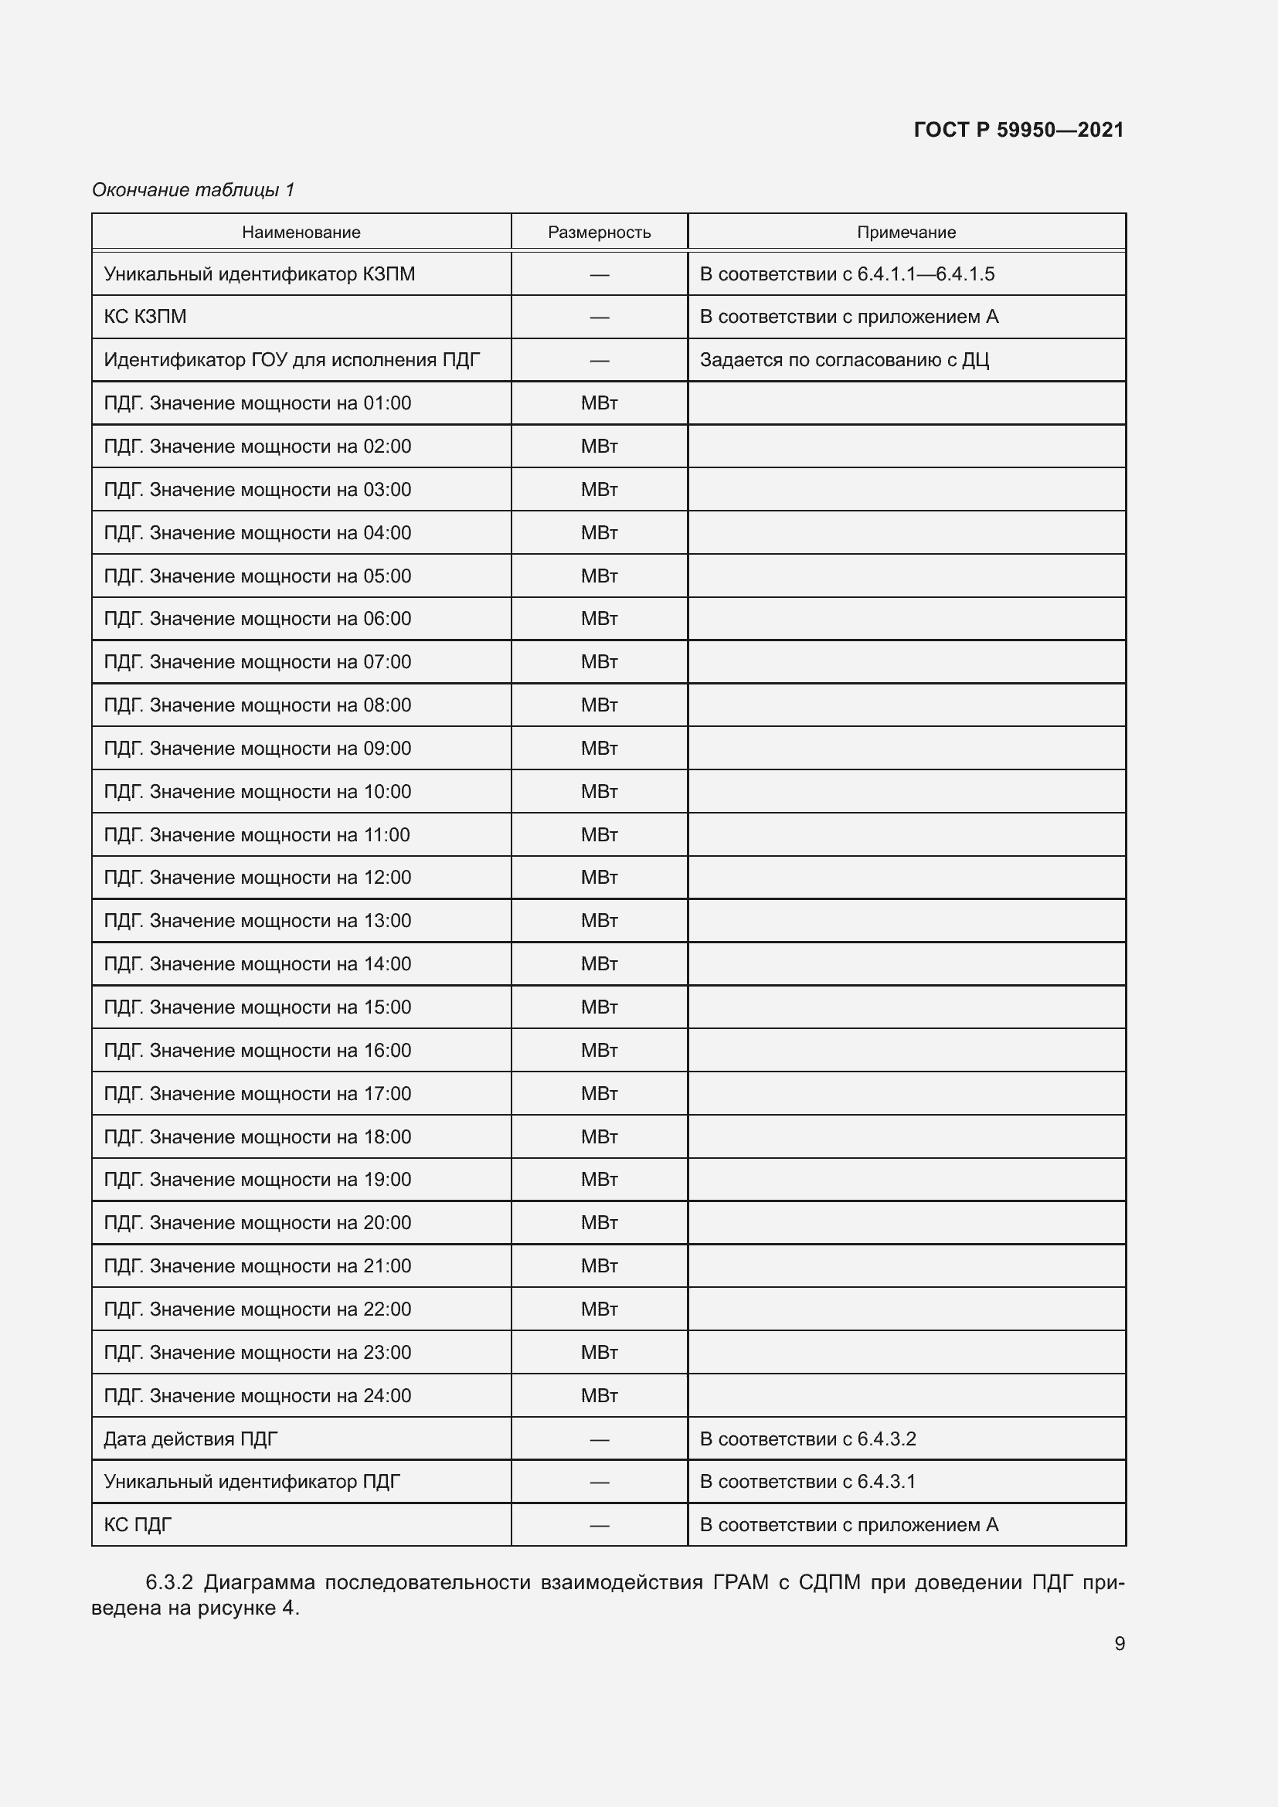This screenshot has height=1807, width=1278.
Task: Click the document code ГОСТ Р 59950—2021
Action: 1018,130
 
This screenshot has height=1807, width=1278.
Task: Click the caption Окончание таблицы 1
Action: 193,190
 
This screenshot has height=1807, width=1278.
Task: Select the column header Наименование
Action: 301,233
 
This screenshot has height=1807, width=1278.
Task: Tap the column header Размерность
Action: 599,233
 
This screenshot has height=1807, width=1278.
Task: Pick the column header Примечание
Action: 906,233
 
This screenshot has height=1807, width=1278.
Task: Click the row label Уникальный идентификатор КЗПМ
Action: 259,274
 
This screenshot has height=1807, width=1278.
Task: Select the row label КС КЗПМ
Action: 144,317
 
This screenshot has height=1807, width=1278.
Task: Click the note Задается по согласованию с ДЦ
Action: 844,360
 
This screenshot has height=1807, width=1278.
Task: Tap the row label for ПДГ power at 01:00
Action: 257,403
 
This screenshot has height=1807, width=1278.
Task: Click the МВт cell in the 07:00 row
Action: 599,662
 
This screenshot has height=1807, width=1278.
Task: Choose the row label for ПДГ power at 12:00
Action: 257,878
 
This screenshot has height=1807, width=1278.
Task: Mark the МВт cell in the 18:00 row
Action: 599,1136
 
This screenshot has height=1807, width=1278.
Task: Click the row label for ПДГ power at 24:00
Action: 257,1395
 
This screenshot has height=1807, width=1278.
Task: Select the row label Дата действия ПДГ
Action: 190,1438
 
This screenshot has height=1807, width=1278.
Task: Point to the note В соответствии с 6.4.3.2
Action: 807,1438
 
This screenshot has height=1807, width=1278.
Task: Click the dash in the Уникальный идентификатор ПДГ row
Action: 599,1482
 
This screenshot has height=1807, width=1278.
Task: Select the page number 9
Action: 1119,1643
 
